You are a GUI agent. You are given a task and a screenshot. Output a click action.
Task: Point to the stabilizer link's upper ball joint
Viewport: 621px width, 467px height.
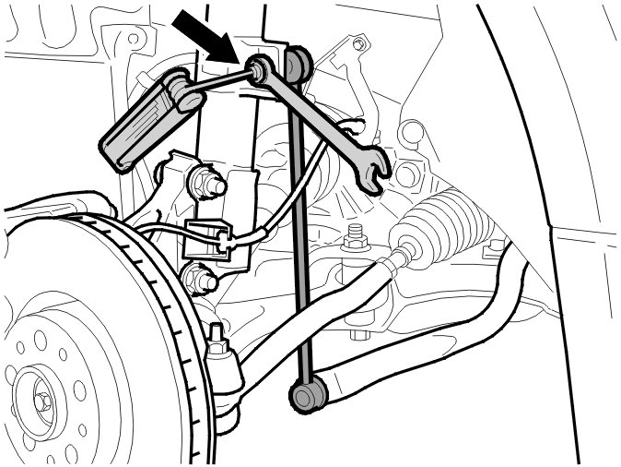(297, 65)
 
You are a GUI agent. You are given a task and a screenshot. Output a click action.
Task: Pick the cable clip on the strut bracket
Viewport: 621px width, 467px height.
(208, 238)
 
